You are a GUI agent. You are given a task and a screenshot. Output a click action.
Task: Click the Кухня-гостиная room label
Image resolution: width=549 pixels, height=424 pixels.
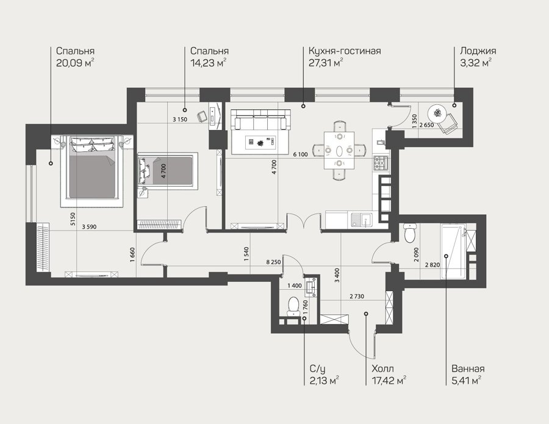click(x=345, y=51)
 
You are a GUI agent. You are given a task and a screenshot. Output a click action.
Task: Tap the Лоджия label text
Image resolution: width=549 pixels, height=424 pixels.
click(x=478, y=51)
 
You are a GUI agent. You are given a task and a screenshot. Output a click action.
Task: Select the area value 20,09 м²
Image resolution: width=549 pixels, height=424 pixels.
click(x=75, y=63)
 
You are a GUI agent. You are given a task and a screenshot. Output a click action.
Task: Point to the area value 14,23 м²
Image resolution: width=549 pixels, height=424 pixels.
click(x=209, y=63)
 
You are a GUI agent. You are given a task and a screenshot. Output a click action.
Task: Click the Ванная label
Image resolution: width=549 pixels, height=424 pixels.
click(x=468, y=368)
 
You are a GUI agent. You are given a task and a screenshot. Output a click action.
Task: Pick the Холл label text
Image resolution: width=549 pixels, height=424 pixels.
click(x=382, y=368)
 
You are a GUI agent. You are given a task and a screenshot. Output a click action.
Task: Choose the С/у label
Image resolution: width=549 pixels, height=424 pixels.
click(x=318, y=369)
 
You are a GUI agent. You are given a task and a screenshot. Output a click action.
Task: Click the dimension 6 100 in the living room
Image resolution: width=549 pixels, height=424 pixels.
click(x=300, y=154)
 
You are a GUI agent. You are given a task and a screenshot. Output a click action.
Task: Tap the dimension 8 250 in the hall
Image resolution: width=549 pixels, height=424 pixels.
click(x=273, y=262)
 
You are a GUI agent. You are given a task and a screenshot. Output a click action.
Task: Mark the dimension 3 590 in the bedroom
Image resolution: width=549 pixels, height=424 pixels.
click(x=89, y=227)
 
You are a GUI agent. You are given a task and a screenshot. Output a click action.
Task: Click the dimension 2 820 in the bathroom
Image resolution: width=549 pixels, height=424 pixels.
click(x=432, y=265)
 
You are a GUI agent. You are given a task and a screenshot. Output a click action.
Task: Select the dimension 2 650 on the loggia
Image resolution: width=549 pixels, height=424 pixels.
click(x=426, y=125)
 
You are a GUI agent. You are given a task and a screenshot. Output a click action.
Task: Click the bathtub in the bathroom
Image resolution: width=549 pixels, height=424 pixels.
click(x=454, y=251)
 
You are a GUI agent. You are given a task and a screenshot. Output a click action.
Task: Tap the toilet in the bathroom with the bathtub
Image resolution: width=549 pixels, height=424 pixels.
click(x=410, y=233)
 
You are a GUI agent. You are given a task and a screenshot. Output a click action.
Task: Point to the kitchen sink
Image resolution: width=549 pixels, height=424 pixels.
click(x=362, y=220)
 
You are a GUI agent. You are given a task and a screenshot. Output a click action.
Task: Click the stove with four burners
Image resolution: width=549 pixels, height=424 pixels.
click(x=381, y=163)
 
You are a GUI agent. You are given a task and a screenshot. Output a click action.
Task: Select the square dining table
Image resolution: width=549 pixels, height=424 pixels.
click(x=339, y=150)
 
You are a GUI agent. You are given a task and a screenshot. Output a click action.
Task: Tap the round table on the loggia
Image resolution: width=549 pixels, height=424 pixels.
click(x=437, y=113)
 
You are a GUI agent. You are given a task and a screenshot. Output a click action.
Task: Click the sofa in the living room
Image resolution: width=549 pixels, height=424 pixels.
click(x=261, y=120)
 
